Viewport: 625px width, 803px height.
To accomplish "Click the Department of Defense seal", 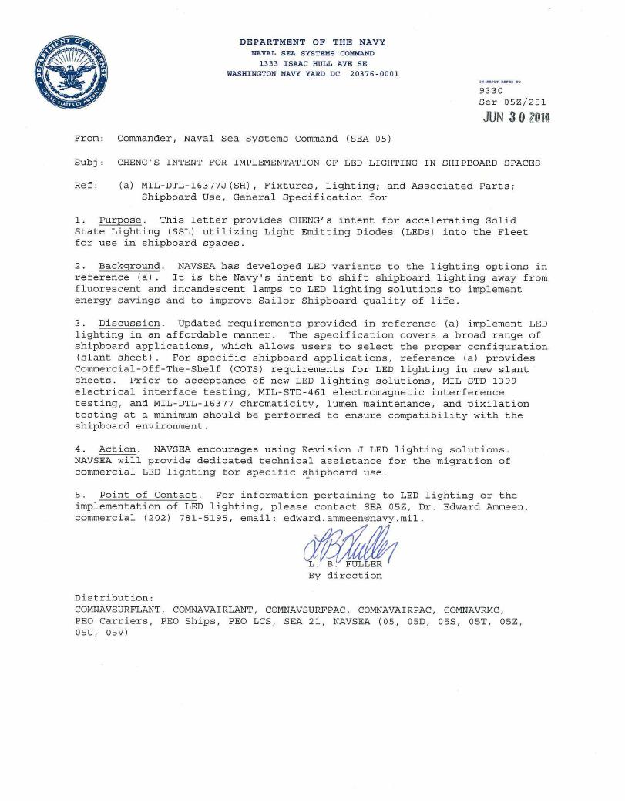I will (69, 79).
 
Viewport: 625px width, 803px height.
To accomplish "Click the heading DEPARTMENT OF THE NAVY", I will (312, 42).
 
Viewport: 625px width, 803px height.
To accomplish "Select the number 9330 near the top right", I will (491, 90).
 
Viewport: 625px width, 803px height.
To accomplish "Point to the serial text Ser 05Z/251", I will (512, 101).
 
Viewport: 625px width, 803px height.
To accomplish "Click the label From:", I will (89, 139).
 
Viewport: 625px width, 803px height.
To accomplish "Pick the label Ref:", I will (86, 186).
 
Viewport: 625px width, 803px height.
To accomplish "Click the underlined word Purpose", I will (120, 220).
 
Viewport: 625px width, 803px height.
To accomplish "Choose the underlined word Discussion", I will (129, 323).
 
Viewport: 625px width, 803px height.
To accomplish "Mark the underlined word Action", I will (119, 449).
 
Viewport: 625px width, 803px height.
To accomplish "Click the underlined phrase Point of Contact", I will (150, 495).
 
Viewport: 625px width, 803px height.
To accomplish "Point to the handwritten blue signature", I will (351, 546).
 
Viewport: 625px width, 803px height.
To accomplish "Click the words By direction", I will (344, 575).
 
